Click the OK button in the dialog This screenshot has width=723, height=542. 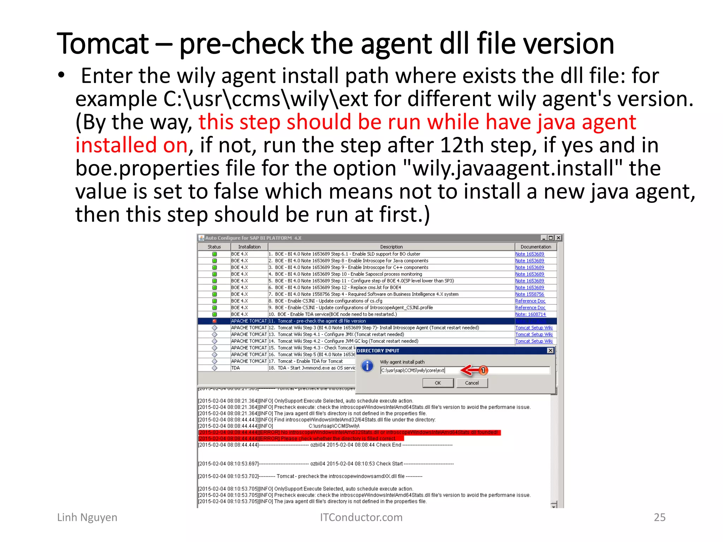(438, 383)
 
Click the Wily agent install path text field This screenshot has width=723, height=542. (465, 370)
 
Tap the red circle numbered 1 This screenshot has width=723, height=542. (483, 370)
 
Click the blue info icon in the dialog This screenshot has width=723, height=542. (367, 366)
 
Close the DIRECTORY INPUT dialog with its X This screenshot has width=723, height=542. (550, 350)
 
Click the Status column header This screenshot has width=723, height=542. (214, 247)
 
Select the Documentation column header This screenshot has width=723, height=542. (536, 247)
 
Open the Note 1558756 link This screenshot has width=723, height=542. (530, 294)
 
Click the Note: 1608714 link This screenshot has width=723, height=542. (530, 314)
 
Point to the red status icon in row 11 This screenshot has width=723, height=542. (214, 321)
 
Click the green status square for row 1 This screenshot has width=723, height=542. (214, 254)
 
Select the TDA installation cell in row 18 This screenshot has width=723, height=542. (235, 368)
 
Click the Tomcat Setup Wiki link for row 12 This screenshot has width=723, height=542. (534, 328)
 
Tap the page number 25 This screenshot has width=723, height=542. (659, 517)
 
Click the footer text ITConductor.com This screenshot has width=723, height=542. (361, 517)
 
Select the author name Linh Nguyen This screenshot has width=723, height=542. (87, 517)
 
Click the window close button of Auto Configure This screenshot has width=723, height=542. (558, 238)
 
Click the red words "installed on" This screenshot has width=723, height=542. (131, 145)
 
